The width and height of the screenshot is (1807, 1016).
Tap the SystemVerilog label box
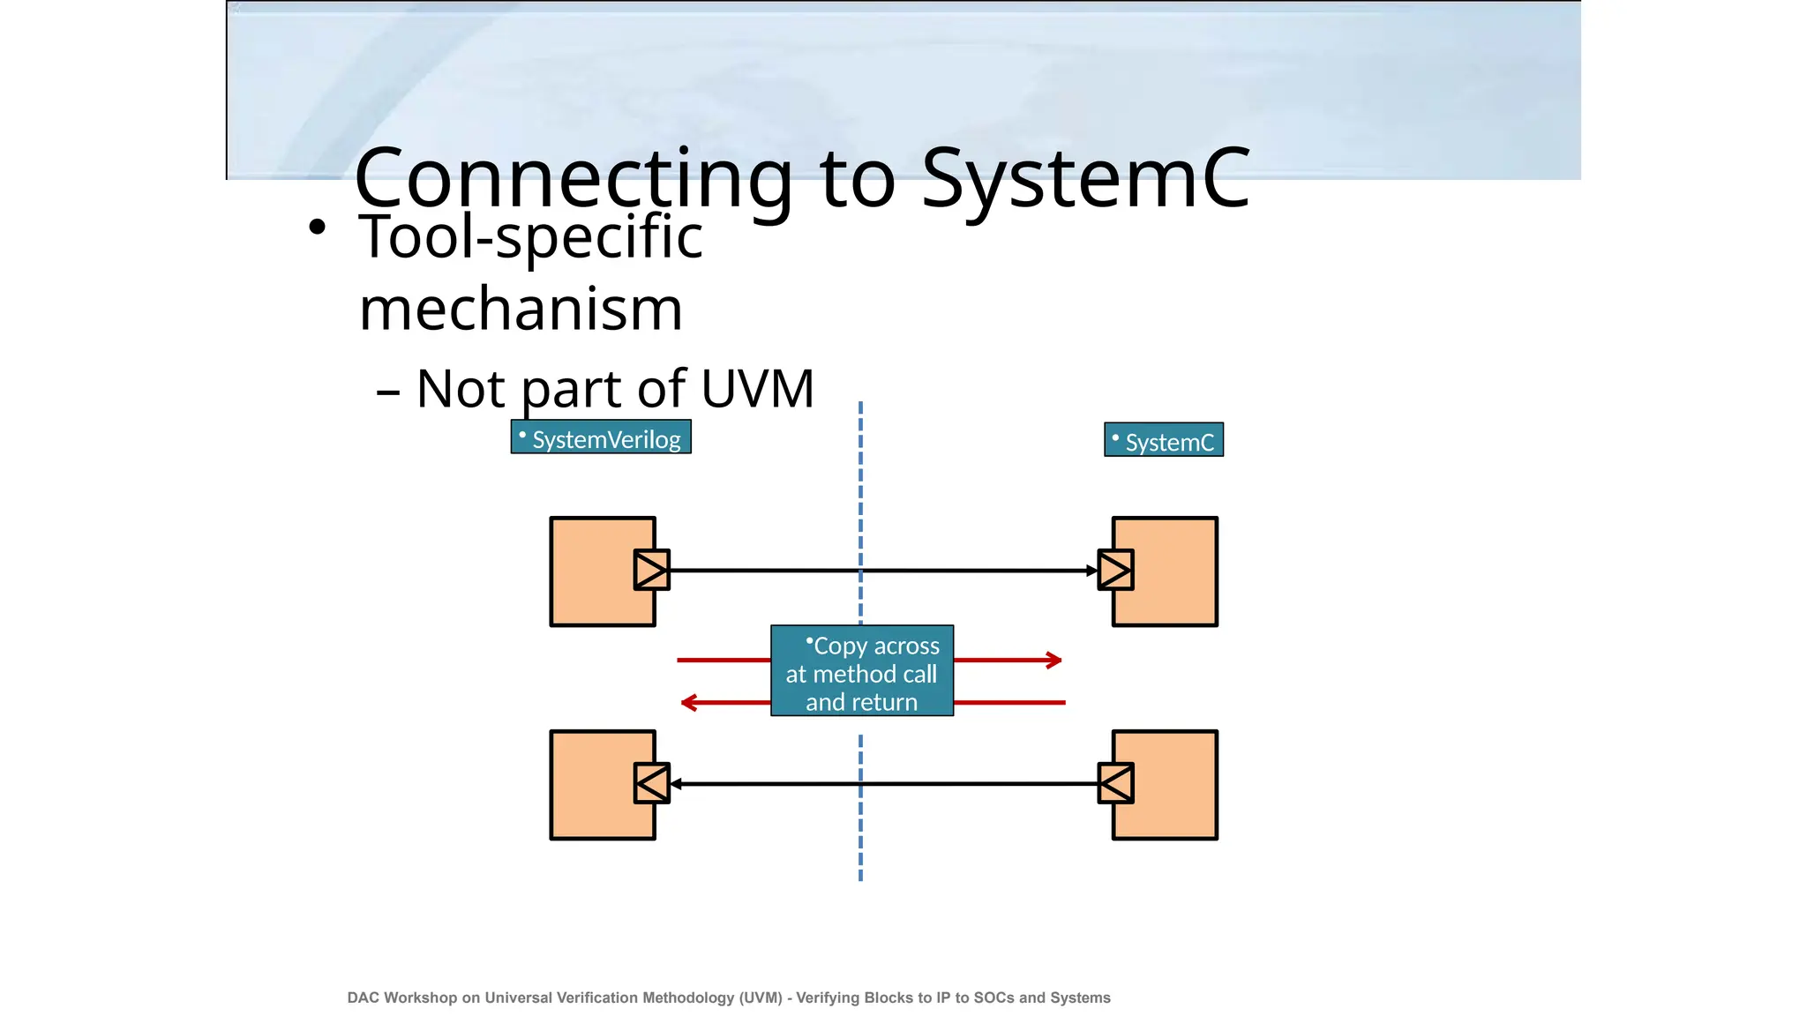[x=601, y=437]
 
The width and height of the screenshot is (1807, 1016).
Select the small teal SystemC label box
[x=1164, y=440]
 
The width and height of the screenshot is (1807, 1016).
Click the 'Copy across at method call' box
[x=862, y=671]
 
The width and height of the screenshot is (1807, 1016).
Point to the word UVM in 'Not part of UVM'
[x=758, y=388]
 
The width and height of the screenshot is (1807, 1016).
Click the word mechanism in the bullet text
[x=521, y=310]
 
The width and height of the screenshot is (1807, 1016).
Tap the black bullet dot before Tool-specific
[x=318, y=228]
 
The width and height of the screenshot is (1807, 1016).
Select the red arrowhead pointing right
[x=1054, y=660]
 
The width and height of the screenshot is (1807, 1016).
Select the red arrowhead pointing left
[x=689, y=702]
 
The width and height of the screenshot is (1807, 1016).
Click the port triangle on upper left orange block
[x=651, y=570]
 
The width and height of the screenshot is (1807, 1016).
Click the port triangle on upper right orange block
[x=1115, y=570]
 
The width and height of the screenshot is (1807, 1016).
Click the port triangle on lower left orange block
[x=651, y=783]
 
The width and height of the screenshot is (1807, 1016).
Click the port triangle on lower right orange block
[x=1115, y=783]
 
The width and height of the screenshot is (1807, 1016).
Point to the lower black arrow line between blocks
[x=971, y=783]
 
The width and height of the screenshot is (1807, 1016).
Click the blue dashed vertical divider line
[x=860, y=494]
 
